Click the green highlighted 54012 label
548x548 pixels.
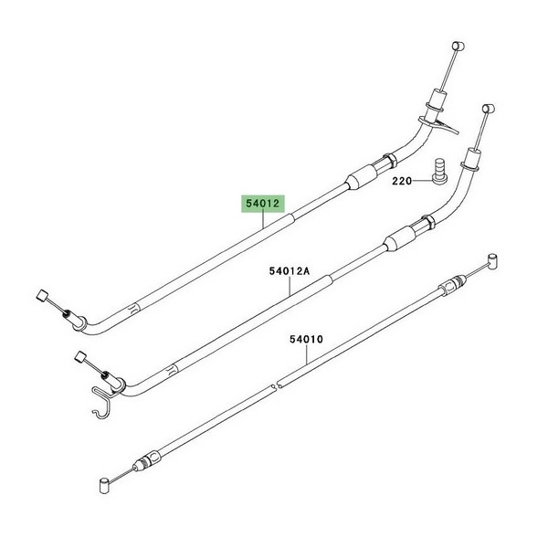pyautogui.click(x=263, y=204)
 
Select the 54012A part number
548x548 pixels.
pyautogui.click(x=290, y=271)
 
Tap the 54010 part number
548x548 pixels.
pyautogui.click(x=307, y=340)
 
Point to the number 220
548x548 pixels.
pyautogui.click(x=402, y=182)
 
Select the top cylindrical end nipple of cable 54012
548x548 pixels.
pyautogui.click(x=458, y=46)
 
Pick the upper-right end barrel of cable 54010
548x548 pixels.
pyautogui.click(x=493, y=261)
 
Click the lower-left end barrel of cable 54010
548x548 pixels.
pyautogui.click(x=105, y=487)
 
